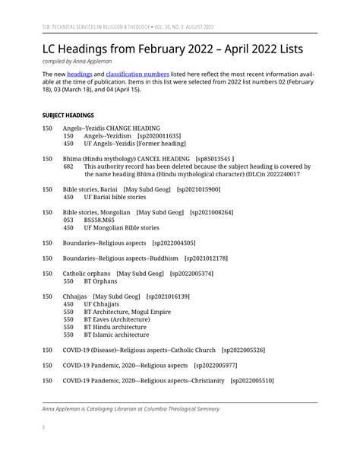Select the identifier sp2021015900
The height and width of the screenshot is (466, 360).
(x=198, y=189)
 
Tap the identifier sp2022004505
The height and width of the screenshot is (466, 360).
(x=174, y=243)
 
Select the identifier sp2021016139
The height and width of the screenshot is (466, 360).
(x=167, y=296)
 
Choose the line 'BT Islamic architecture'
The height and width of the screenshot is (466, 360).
(x=116, y=334)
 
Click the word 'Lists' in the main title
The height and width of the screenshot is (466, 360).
(x=281, y=49)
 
